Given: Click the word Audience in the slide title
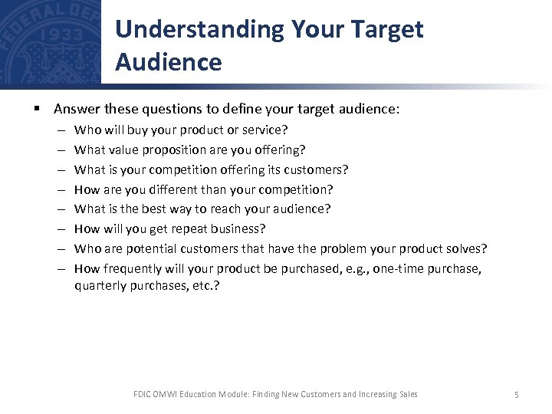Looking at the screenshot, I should [x=169, y=61].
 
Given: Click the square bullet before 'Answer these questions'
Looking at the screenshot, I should [x=36, y=110].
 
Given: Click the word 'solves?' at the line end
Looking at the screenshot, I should [x=466, y=248].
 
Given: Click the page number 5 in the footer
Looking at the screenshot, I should [x=517, y=395].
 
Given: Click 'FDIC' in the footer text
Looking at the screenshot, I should [x=143, y=394].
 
